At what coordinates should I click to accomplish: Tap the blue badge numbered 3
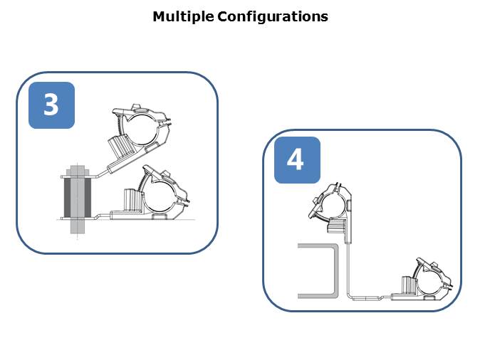(51, 105)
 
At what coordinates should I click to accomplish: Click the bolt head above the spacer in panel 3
(77, 170)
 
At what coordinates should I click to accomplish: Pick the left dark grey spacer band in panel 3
(68, 197)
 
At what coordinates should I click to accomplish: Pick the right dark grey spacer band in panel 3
(88, 197)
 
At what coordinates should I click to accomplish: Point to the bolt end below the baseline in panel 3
(77, 230)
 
